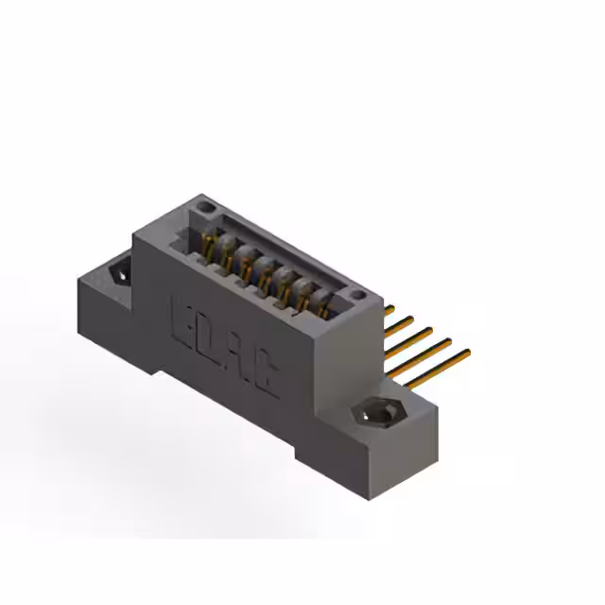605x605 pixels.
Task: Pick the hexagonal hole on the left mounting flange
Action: pyautogui.click(x=120, y=272)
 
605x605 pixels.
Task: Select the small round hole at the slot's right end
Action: pyautogui.click(x=356, y=297)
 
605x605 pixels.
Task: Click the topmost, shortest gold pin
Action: pyautogui.click(x=389, y=309)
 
